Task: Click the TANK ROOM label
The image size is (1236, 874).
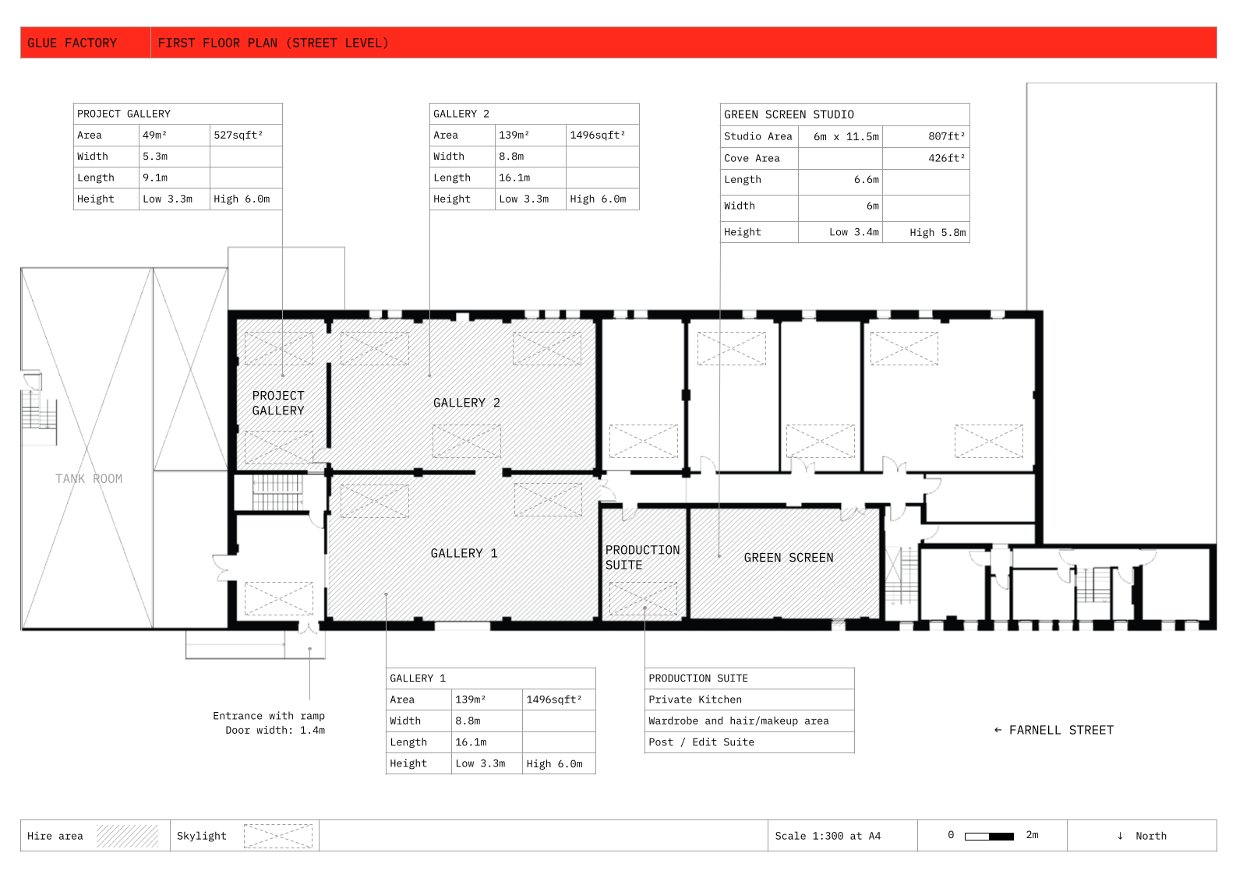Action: [x=89, y=478]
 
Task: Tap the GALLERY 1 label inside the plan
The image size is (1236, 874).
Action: [x=464, y=553]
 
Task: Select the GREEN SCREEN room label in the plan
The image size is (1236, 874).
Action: [x=789, y=558]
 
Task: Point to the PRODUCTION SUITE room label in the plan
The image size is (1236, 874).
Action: [x=642, y=558]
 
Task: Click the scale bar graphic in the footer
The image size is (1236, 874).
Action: [x=990, y=837]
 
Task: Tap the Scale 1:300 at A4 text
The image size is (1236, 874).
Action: [x=828, y=836]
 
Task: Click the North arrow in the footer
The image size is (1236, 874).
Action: [x=1120, y=836]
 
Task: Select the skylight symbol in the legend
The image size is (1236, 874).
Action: [x=278, y=836]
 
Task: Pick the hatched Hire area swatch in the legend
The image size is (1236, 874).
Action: [x=128, y=836]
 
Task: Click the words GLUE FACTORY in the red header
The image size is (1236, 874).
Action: [x=72, y=43]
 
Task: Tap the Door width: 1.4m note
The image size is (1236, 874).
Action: [x=275, y=730]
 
